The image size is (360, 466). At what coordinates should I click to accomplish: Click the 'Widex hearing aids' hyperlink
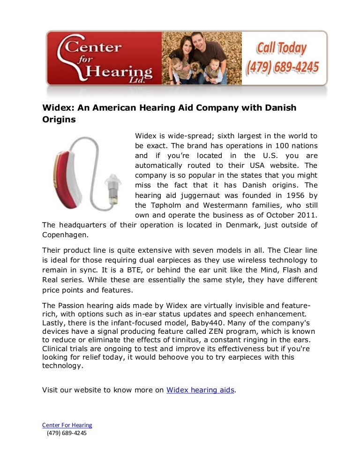pyautogui.click(x=200, y=390)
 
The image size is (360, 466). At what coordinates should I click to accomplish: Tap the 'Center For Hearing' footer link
pyautogui.click(x=67, y=425)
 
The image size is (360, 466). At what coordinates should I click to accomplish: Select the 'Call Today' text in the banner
pyautogui.click(x=281, y=48)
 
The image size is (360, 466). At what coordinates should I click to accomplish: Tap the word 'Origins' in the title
pyautogui.click(x=59, y=120)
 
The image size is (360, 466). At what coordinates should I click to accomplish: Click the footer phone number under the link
pyautogui.click(x=67, y=434)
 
